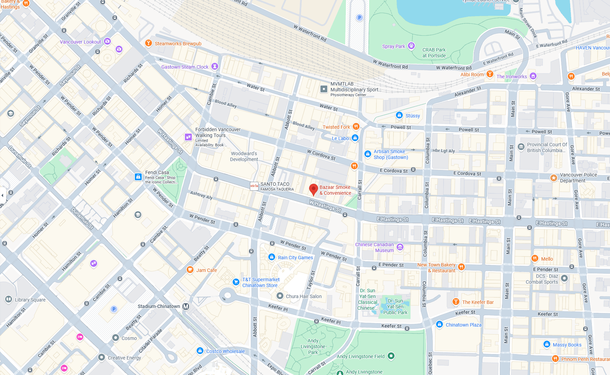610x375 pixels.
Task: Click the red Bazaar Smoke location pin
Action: coord(313,189)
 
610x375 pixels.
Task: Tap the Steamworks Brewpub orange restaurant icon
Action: coord(148,43)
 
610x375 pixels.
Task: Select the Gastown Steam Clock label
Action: coord(185,67)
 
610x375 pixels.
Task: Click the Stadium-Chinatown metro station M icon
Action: coord(186,306)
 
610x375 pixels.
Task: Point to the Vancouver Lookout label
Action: coord(80,42)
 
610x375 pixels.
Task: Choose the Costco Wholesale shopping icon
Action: coord(200,351)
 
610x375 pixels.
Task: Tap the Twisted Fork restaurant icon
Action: coord(356,126)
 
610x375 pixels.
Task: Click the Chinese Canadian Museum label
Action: coord(374,247)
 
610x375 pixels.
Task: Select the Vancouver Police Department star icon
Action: coord(553,178)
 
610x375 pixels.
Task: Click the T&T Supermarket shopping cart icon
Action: coord(236,282)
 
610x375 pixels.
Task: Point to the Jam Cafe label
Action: coord(207,270)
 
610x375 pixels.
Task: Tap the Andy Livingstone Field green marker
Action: coord(391,356)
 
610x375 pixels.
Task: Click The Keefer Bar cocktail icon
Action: coord(456,302)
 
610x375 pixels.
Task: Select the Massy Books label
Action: coord(567,345)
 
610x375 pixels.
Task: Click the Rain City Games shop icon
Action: coord(271,257)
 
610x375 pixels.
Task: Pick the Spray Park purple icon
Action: coord(411,46)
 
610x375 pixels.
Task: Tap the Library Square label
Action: coord(30,300)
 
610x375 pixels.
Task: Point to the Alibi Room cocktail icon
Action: coord(490,74)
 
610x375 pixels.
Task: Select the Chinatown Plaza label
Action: coord(463,325)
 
